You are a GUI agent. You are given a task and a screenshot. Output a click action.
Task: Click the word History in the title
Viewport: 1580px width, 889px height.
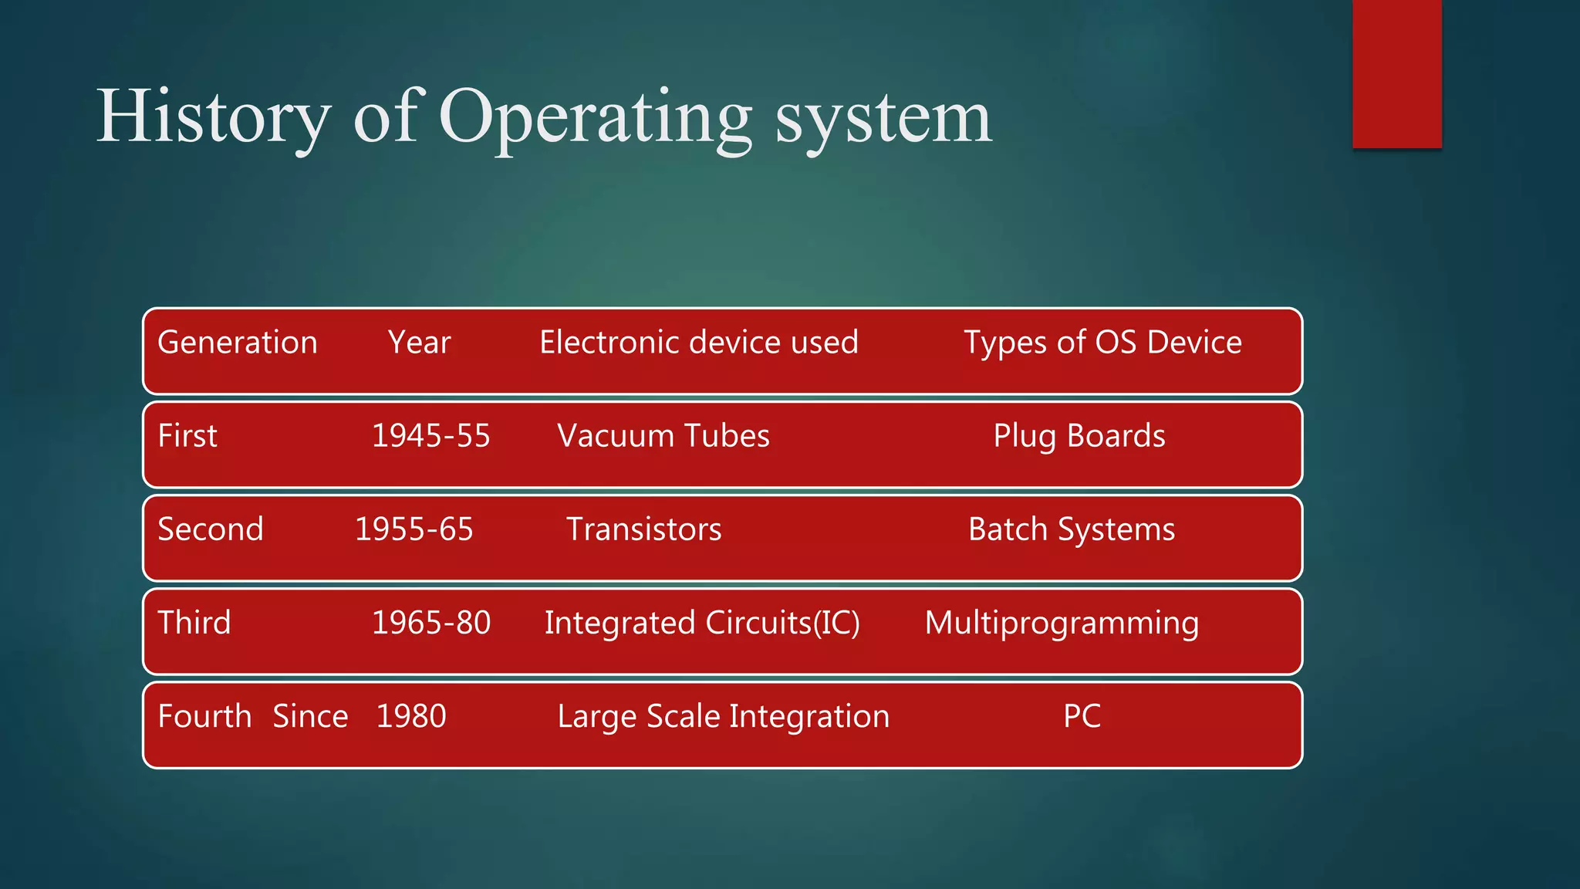(213, 117)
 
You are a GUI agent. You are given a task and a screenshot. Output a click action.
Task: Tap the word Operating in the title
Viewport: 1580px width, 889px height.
(595, 117)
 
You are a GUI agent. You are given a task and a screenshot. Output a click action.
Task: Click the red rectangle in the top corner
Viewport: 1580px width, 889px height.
(1396, 73)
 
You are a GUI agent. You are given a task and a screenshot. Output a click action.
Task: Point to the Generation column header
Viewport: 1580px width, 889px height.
(238, 343)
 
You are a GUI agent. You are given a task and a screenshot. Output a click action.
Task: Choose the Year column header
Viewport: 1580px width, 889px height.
(419, 343)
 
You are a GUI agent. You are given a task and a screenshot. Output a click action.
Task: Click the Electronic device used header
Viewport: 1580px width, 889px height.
(698, 343)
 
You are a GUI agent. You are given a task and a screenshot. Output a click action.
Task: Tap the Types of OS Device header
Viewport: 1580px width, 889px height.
(1102, 343)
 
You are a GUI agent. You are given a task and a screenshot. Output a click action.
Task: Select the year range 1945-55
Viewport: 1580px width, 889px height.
(430, 436)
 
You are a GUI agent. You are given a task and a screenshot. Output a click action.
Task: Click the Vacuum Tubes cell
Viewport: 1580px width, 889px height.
(663, 436)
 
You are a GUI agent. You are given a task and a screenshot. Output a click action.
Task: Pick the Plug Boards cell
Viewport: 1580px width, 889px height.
(1079, 437)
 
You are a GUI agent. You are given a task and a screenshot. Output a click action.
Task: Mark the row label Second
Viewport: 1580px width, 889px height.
(211, 529)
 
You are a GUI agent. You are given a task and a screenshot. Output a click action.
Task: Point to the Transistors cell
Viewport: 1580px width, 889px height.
(644, 529)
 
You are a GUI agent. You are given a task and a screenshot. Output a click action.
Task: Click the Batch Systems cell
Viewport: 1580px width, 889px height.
(1071, 530)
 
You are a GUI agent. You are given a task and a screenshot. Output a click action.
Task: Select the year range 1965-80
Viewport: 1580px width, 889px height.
(430, 623)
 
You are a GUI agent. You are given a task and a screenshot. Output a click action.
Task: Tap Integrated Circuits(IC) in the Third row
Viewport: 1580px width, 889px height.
(701, 624)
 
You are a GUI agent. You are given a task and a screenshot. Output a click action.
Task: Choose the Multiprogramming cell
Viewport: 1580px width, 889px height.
(1062, 624)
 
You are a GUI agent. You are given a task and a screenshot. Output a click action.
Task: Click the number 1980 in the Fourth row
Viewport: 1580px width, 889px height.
(411, 716)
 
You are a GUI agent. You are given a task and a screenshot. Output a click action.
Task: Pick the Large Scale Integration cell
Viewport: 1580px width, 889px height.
(723, 717)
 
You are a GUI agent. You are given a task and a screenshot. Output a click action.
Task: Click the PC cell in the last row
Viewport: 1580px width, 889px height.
(1082, 716)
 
